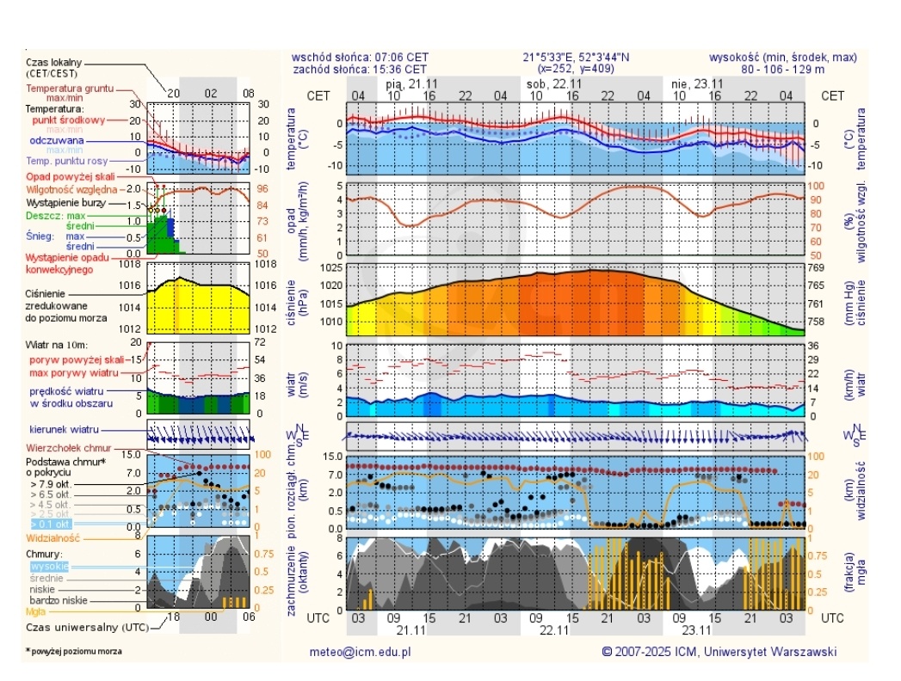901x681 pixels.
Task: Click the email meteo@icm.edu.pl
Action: [360, 652]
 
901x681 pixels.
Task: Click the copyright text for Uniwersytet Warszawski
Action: [719, 652]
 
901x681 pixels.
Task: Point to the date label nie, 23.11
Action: [697, 83]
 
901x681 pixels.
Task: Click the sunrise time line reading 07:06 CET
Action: [360, 58]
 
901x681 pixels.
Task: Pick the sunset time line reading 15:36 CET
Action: [360, 69]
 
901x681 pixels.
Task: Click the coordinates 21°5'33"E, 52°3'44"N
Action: [576, 58]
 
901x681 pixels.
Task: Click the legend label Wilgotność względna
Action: [71, 188]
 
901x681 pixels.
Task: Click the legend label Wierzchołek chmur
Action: [69, 448]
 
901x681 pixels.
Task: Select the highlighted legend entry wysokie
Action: [49, 566]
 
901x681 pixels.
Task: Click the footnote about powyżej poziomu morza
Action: [74, 651]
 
